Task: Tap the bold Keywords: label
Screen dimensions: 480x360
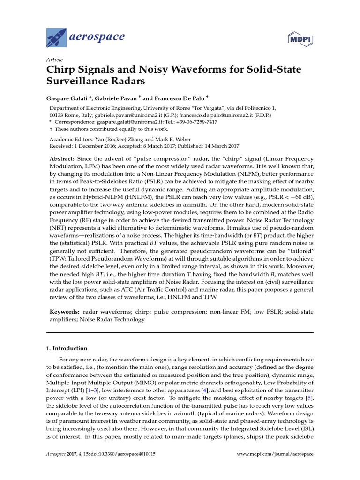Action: coord(65,311)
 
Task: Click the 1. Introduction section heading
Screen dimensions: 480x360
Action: coord(67,348)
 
